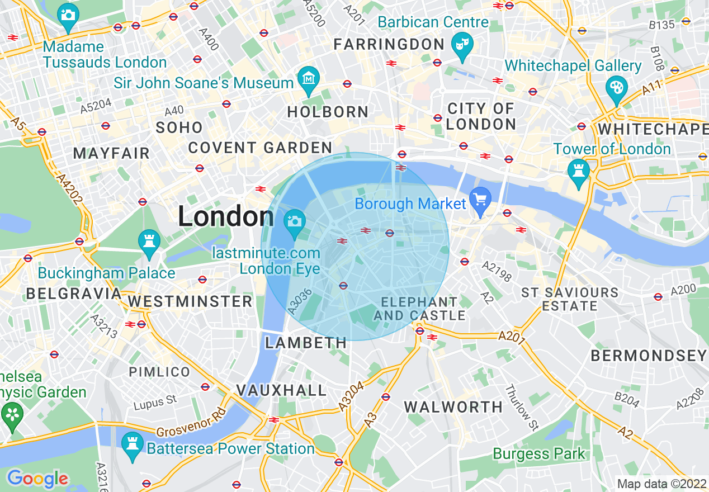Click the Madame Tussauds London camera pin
(68, 14)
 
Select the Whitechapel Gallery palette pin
(616, 88)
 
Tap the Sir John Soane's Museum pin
(308, 78)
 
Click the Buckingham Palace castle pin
(149, 242)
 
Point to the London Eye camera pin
(294, 221)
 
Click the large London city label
(226, 216)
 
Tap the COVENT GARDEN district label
(260, 148)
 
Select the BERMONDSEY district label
(649, 356)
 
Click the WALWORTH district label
(453, 407)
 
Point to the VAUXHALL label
(281, 390)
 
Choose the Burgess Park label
(538, 454)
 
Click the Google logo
(37, 479)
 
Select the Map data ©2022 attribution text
(661, 484)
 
